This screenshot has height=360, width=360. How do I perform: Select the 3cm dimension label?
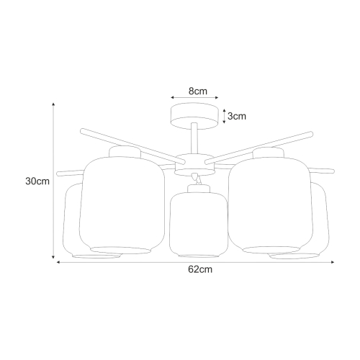coord(237,115)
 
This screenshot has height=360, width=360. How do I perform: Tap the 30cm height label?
coord(37,181)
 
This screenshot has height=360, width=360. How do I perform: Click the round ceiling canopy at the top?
coord(193,116)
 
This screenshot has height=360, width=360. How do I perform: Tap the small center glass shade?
coord(197,225)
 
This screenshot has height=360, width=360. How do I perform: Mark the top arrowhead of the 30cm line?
coord(54,104)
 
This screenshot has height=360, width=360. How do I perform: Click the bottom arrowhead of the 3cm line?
coord(225,124)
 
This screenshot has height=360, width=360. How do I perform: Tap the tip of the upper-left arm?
coord(81,131)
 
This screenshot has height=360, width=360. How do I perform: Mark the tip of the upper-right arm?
coord(312,132)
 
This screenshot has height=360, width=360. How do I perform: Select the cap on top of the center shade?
coord(197,189)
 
